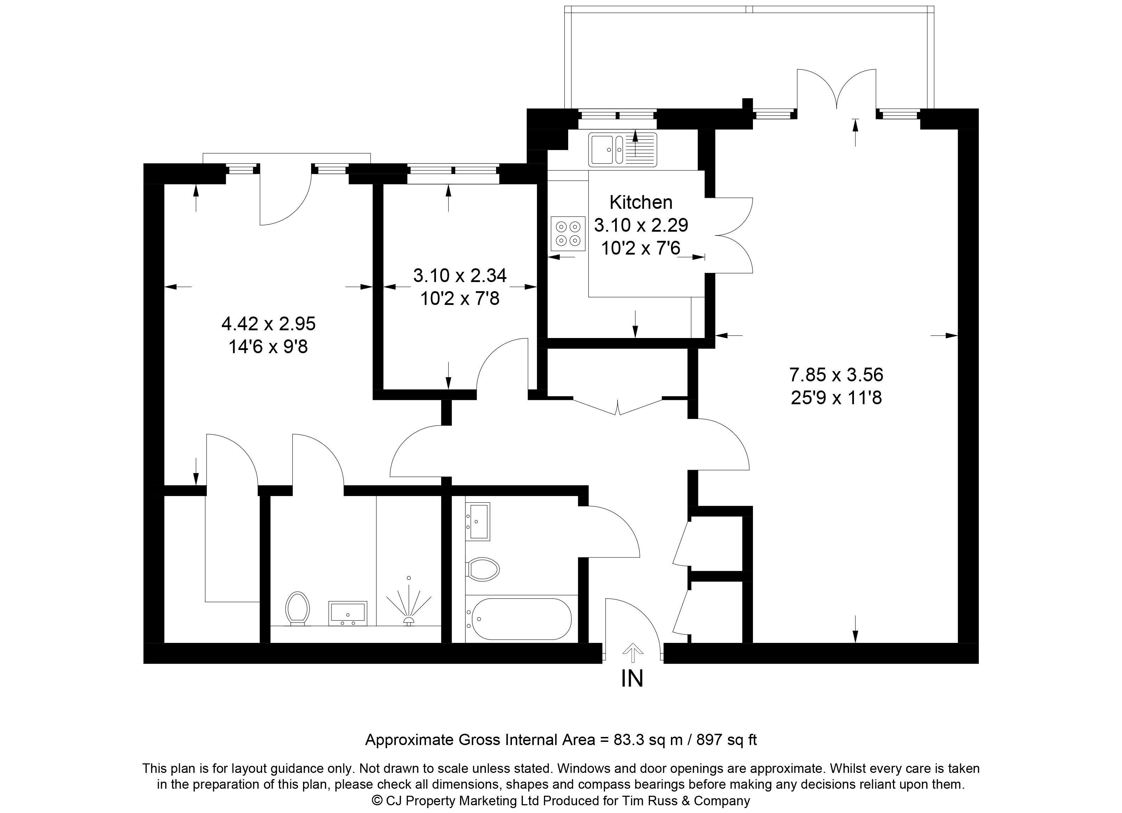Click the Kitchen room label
point(641,202)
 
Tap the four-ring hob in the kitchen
point(568,234)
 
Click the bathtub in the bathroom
point(521,619)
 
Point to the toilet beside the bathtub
point(483,569)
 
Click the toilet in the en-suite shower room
point(298,608)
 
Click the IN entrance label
point(632,679)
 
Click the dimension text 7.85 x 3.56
point(836,375)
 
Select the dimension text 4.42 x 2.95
point(268,324)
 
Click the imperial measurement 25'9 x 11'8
point(836,398)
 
